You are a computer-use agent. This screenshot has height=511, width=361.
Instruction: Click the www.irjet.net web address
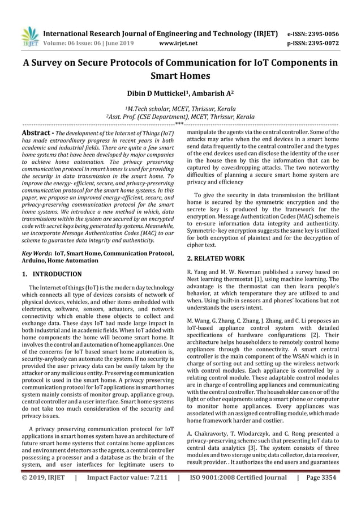tap(178, 42)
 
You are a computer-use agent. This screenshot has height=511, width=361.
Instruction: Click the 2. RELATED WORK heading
tap(216, 258)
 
